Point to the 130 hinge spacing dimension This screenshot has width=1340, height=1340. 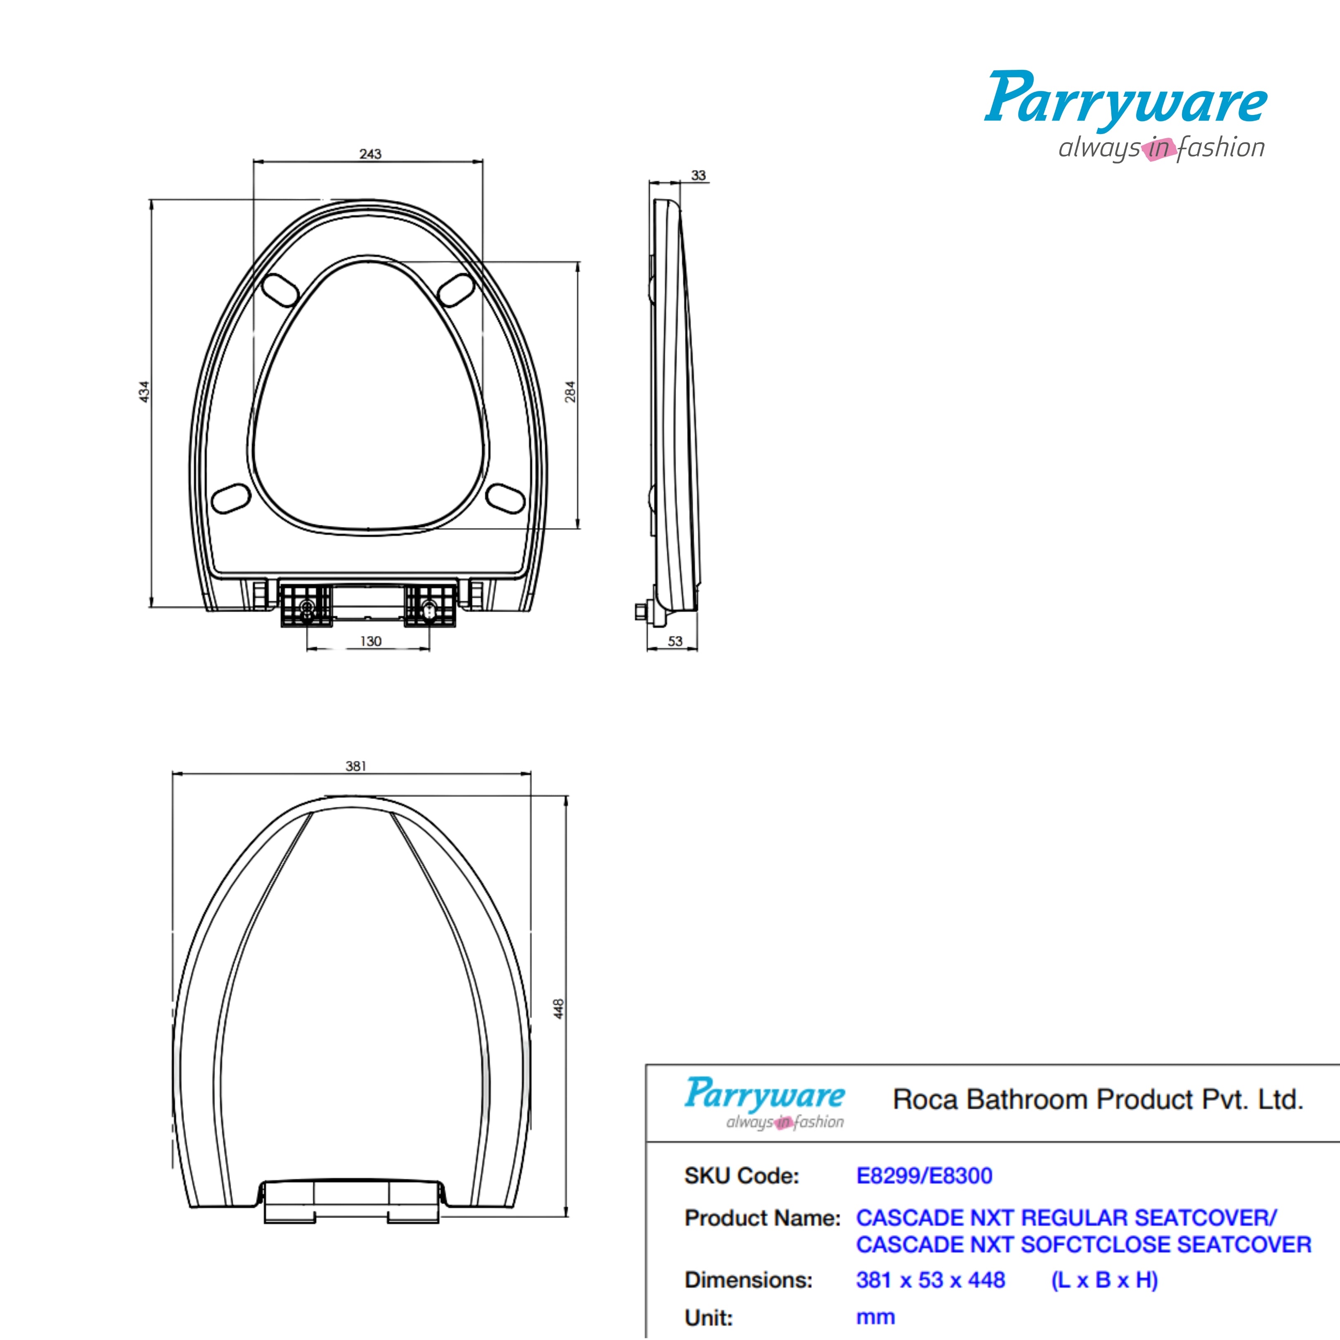371,641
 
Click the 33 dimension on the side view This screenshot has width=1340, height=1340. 699,175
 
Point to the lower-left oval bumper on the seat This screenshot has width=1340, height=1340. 231,499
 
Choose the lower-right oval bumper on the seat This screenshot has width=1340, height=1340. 506,499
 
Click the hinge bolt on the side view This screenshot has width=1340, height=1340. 641,612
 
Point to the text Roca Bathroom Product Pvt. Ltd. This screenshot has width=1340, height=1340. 1097,1099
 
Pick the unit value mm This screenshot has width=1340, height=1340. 875,1316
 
